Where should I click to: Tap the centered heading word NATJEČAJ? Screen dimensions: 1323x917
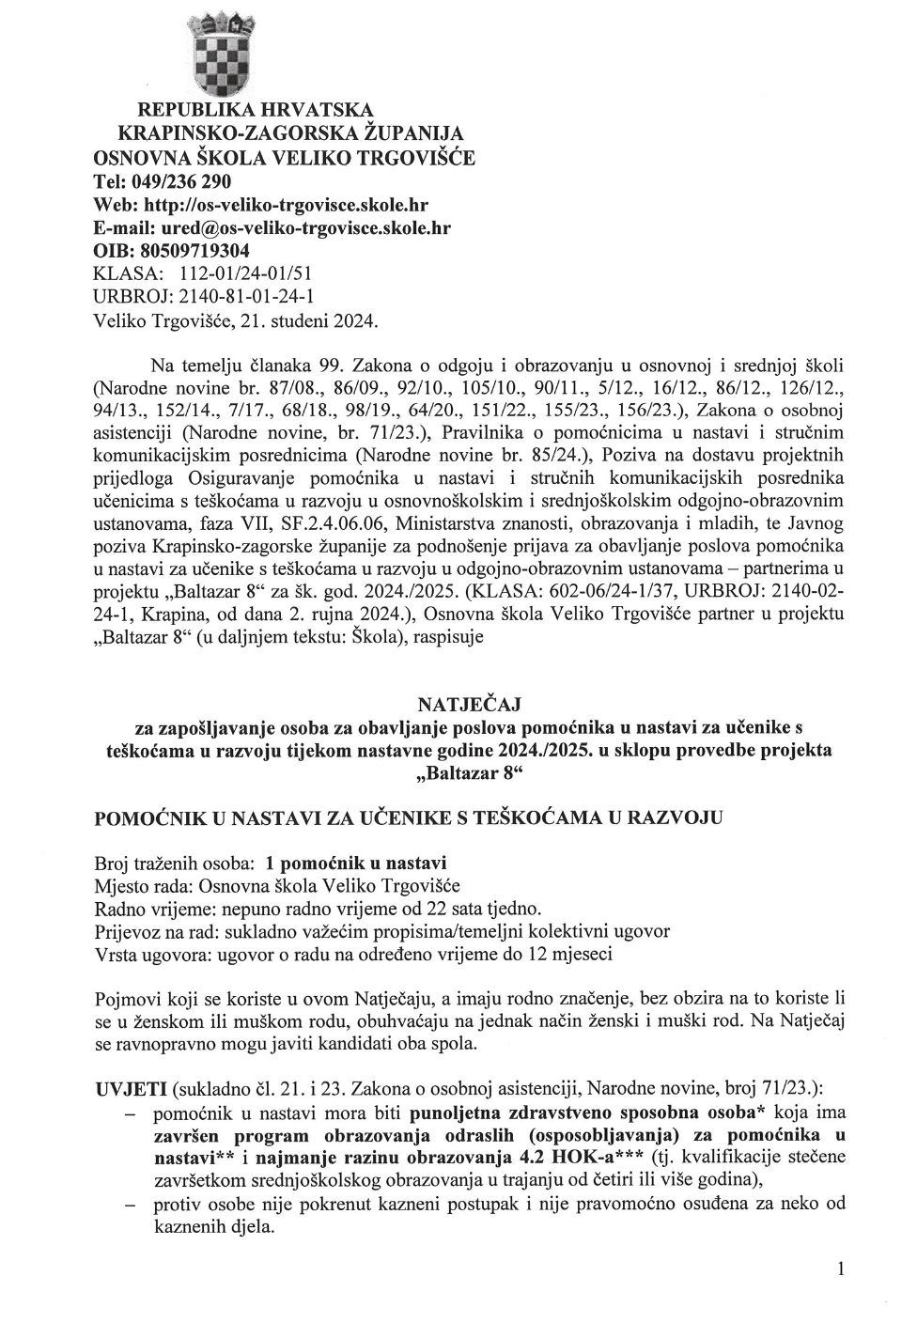[469, 704]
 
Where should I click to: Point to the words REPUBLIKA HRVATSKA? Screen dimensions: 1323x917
[256, 112]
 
